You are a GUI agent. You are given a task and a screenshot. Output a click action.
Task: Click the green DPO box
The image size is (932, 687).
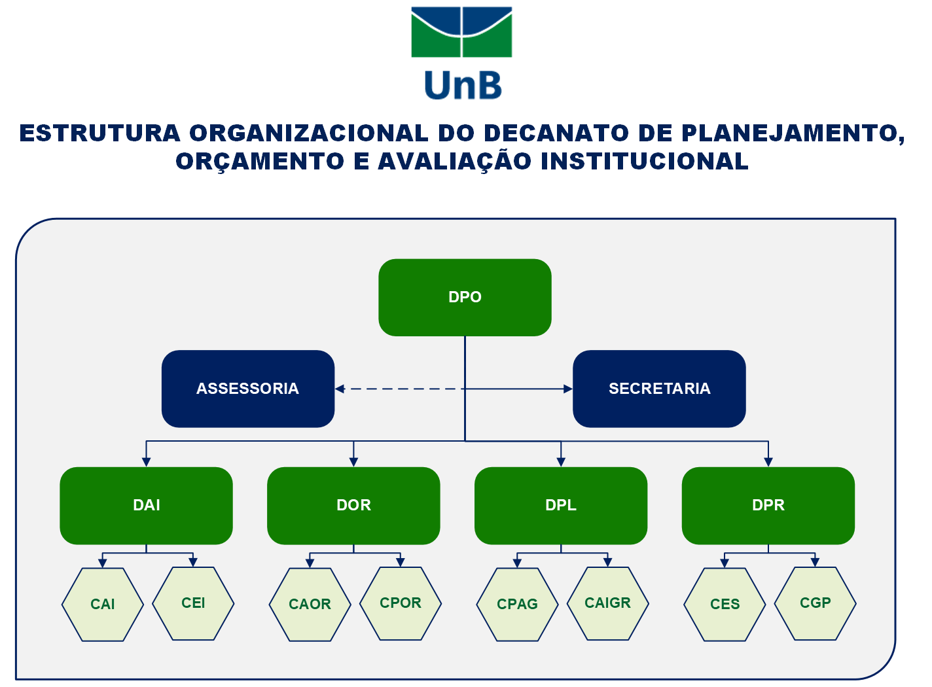click(465, 297)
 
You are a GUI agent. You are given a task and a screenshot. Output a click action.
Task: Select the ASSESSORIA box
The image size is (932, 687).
click(248, 389)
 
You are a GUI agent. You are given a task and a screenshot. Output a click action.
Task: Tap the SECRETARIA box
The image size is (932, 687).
click(659, 389)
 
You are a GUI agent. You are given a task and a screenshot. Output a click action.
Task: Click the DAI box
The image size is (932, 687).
click(146, 506)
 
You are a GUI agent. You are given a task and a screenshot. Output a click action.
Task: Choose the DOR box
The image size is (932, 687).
click(353, 506)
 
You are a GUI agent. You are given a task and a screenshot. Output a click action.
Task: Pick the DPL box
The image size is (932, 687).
click(561, 506)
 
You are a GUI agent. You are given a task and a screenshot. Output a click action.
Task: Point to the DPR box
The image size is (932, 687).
click(768, 506)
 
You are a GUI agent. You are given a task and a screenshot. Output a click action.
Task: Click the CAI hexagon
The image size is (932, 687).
click(102, 605)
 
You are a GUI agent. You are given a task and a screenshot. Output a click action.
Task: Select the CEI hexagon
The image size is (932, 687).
click(193, 603)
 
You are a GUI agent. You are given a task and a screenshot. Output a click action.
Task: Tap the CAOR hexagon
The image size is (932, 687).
click(310, 605)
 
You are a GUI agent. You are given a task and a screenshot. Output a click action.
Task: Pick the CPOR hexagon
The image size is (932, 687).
click(401, 603)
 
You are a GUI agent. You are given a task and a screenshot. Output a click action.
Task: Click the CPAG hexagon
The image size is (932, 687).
click(517, 605)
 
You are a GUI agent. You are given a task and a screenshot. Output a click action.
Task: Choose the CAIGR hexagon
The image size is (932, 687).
click(607, 603)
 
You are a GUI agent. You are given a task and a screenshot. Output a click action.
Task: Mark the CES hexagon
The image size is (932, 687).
click(725, 605)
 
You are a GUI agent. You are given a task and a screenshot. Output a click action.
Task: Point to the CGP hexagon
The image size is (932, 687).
click(815, 603)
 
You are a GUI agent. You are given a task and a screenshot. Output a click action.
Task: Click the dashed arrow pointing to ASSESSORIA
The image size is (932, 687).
click(400, 389)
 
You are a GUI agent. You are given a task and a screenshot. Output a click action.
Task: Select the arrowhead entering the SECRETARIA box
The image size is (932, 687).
click(568, 389)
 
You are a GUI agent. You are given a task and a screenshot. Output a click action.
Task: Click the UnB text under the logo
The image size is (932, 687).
click(463, 85)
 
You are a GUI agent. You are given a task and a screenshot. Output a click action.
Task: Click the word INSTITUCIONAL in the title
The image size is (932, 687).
click(645, 162)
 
